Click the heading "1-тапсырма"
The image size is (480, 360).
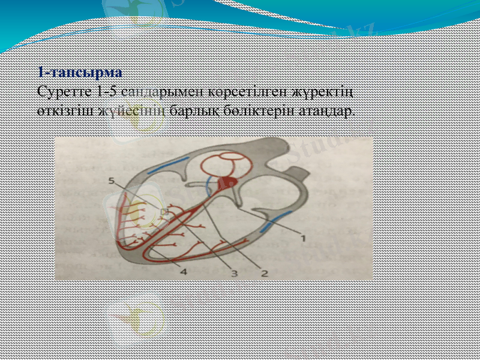tap(79, 73)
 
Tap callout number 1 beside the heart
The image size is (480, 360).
tap(303, 237)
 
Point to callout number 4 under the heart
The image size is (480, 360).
tap(183, 271)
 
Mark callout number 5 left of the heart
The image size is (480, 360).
tap(112, 180)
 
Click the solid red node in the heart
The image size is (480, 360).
tap(231, 181)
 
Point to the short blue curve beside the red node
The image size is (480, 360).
tap(208, 185)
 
